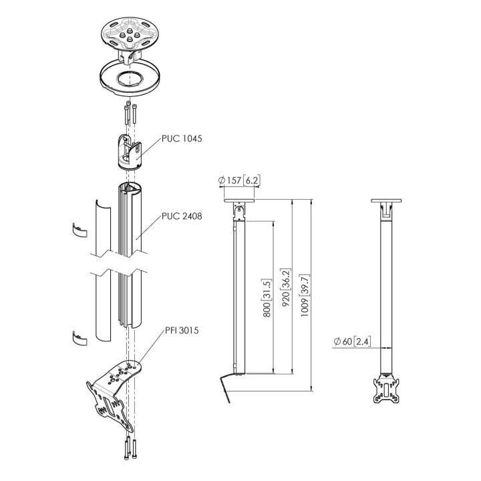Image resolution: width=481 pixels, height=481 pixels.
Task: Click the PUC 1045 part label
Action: [182, 139]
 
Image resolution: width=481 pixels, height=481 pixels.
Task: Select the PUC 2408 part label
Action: [182, 216]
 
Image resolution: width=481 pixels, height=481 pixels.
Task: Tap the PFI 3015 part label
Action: [182, 331]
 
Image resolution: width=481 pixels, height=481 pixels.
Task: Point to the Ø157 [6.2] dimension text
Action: [239, 180]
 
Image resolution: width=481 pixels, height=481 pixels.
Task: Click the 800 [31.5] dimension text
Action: [267, 298]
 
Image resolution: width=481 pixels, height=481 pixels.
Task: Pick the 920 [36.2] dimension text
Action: [286, 288]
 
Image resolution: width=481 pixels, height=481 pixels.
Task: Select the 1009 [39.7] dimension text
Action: [305, 295]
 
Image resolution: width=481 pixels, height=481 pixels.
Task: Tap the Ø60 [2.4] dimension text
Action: [352, 341]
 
